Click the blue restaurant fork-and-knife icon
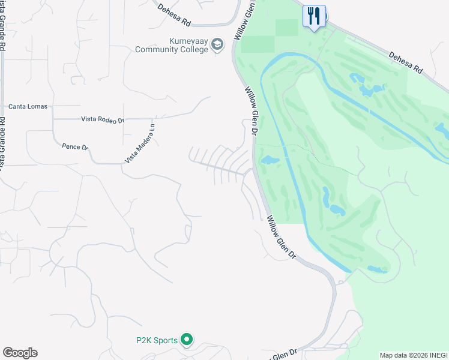point(314,16)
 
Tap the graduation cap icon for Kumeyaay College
point(217,44)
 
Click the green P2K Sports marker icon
point(187,340)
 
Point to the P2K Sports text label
point(156,341)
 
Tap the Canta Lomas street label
point(28,107)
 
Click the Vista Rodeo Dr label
point(102,119)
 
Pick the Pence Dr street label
point(75,146)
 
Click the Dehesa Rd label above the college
point(174,15)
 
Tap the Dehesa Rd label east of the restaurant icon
point(406,62)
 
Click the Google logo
point(20,353)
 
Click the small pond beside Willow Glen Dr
point(269,160)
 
